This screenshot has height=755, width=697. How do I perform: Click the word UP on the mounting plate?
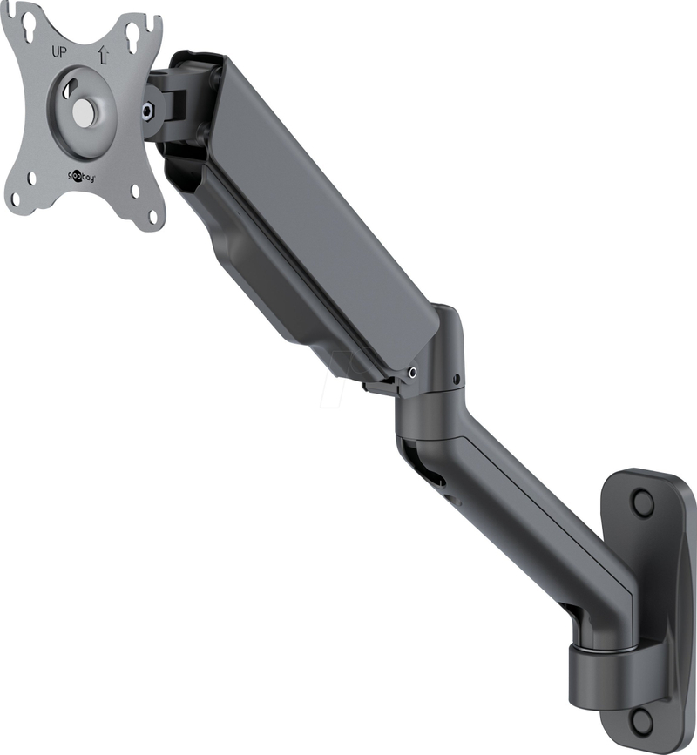[x=59, y=51]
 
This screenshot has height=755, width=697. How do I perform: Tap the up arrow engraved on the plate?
[x=103, y=55]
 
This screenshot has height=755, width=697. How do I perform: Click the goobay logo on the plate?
[x=80, y=178]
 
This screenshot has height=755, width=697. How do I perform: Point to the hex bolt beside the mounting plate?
[x=147, y=111]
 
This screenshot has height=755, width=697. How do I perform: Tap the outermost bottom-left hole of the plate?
[x=15, y=198]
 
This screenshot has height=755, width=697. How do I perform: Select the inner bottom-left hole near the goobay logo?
[x=31, y=179]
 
